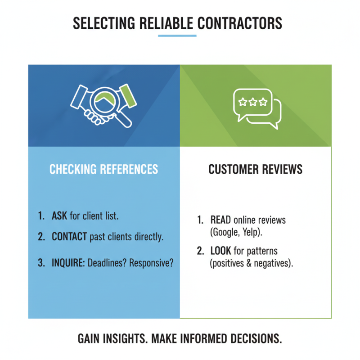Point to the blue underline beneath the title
177,36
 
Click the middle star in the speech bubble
252,102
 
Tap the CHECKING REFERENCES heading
103,169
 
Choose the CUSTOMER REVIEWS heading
255,169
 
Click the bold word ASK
59,216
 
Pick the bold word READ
220,220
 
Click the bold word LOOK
220,251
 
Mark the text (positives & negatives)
252,263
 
